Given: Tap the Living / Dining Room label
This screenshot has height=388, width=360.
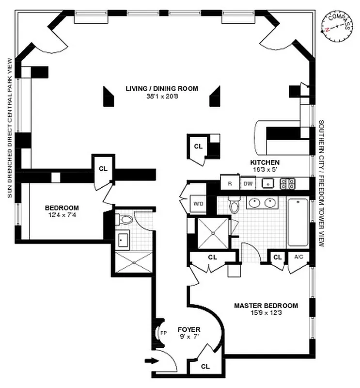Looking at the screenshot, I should click(162, 88).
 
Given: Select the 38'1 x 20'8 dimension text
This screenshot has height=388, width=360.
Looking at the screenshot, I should click(162, 96).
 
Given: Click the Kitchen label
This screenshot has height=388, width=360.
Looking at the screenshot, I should click(264, 162).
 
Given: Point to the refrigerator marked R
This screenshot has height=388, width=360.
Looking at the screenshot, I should click(230, 183).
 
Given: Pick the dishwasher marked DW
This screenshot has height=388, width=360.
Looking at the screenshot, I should click(248, 183).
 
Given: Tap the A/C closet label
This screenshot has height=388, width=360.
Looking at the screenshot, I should click(297, 257).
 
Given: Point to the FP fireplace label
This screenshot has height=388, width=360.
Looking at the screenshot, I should click(163, 334).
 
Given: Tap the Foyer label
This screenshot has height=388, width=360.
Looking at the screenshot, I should click(188, 329).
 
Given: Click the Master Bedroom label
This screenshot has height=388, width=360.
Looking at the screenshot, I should click(266, 306).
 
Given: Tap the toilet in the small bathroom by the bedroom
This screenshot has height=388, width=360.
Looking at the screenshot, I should click(126, 220).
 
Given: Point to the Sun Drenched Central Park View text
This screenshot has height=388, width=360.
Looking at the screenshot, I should click(9, 128).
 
